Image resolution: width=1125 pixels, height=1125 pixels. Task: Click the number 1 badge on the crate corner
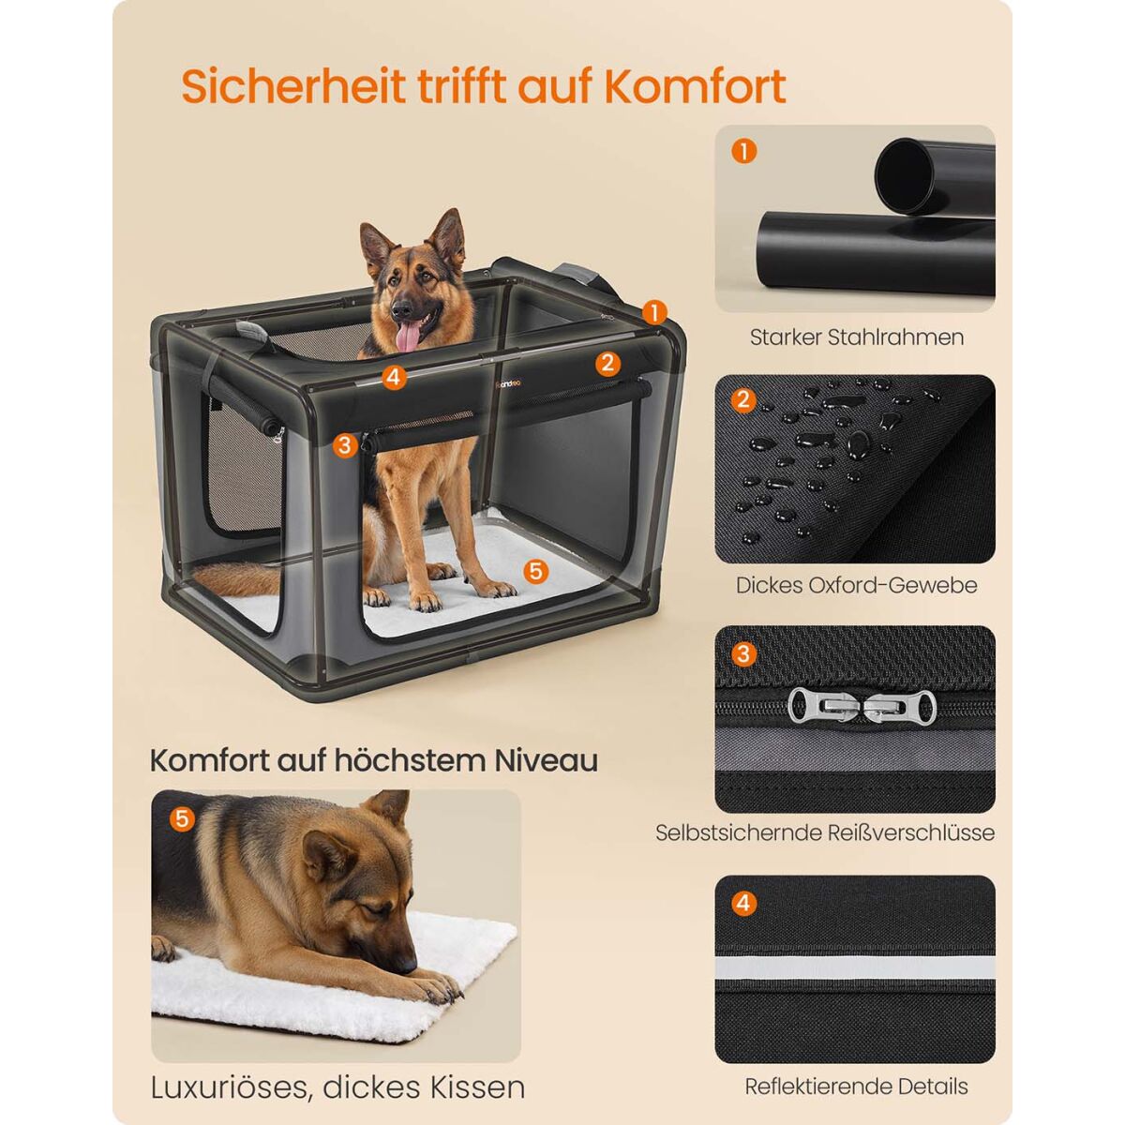point(654,312)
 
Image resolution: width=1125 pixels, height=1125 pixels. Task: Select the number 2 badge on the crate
point(607,363)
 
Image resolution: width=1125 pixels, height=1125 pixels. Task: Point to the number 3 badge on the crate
point(344,445)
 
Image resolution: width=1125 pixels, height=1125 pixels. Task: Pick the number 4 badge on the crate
point(394,378)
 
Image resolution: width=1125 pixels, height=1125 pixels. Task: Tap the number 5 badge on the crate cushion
point(535,571)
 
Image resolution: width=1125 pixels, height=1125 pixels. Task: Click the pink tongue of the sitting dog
point(408,337)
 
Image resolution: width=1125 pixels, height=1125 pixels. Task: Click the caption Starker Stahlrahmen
point(857,337)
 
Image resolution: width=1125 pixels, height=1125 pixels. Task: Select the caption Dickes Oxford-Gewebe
point(857,585)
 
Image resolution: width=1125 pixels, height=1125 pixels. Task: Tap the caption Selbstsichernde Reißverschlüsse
point(825,832)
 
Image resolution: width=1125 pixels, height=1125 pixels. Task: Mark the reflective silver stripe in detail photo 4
point(855,967)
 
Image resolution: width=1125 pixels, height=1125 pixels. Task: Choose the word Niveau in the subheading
point(546,760)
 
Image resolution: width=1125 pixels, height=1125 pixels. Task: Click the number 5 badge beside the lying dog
point(182,818)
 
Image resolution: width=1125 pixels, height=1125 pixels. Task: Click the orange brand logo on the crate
point(508,383)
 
